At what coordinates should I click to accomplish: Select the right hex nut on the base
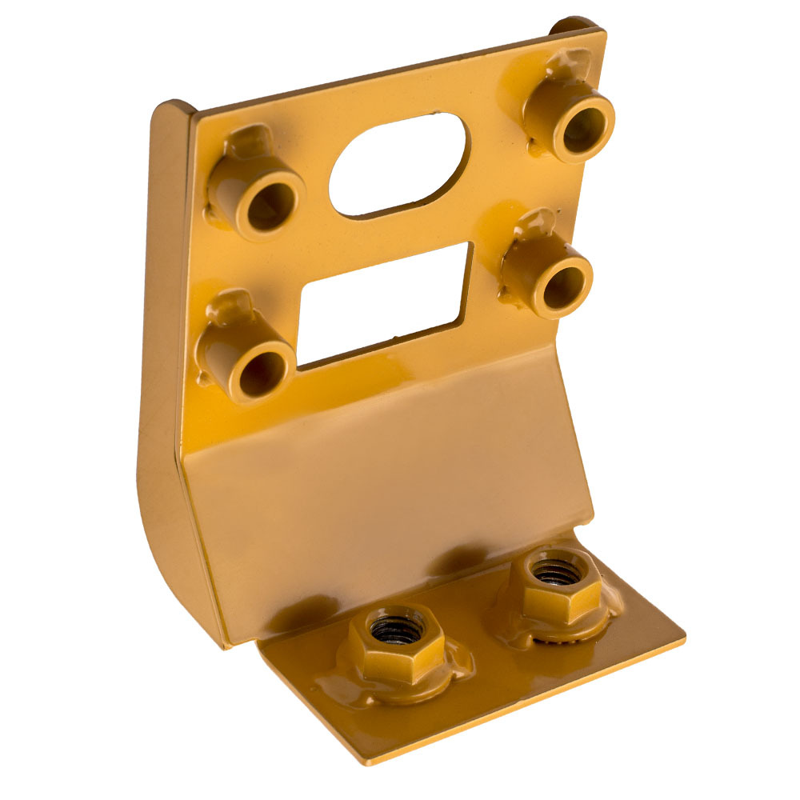[555, 585]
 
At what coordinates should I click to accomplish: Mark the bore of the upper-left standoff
[268, 209]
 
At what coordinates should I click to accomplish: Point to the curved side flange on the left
[164, 400]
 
